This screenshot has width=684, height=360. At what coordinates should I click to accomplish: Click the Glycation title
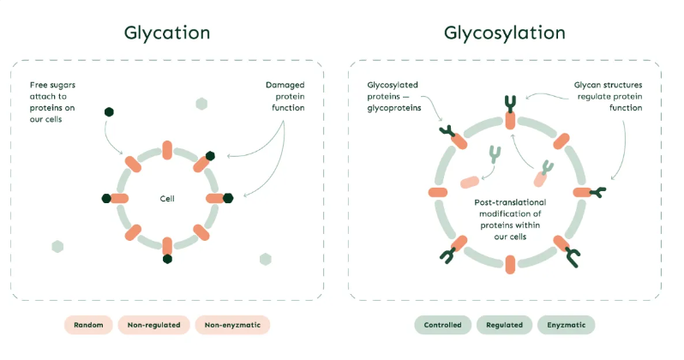[x=167, y=33]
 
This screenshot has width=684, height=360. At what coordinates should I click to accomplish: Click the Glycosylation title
[x=504, y=33]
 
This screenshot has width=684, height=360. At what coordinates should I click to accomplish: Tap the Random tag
[x=88, y=325]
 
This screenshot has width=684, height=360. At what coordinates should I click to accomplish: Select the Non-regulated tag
[x=154, y=325]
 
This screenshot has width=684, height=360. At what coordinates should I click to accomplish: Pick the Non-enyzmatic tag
[x=231, y=325]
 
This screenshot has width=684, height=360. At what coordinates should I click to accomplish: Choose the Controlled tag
[x=442, y=325]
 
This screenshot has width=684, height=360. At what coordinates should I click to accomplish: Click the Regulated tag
[x=504, y=325]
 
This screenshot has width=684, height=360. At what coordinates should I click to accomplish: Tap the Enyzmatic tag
[x=566, y=325]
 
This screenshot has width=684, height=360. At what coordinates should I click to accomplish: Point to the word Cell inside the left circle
[x=167, y=198]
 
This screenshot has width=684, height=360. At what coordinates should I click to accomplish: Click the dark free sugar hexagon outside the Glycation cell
[x=109, y=112]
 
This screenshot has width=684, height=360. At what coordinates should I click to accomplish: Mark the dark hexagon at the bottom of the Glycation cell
[x=168, y=259]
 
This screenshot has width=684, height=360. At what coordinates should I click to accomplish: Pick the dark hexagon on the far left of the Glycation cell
[x=106, y=198]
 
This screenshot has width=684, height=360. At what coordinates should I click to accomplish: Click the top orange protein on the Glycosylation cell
[x=510, y=119]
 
